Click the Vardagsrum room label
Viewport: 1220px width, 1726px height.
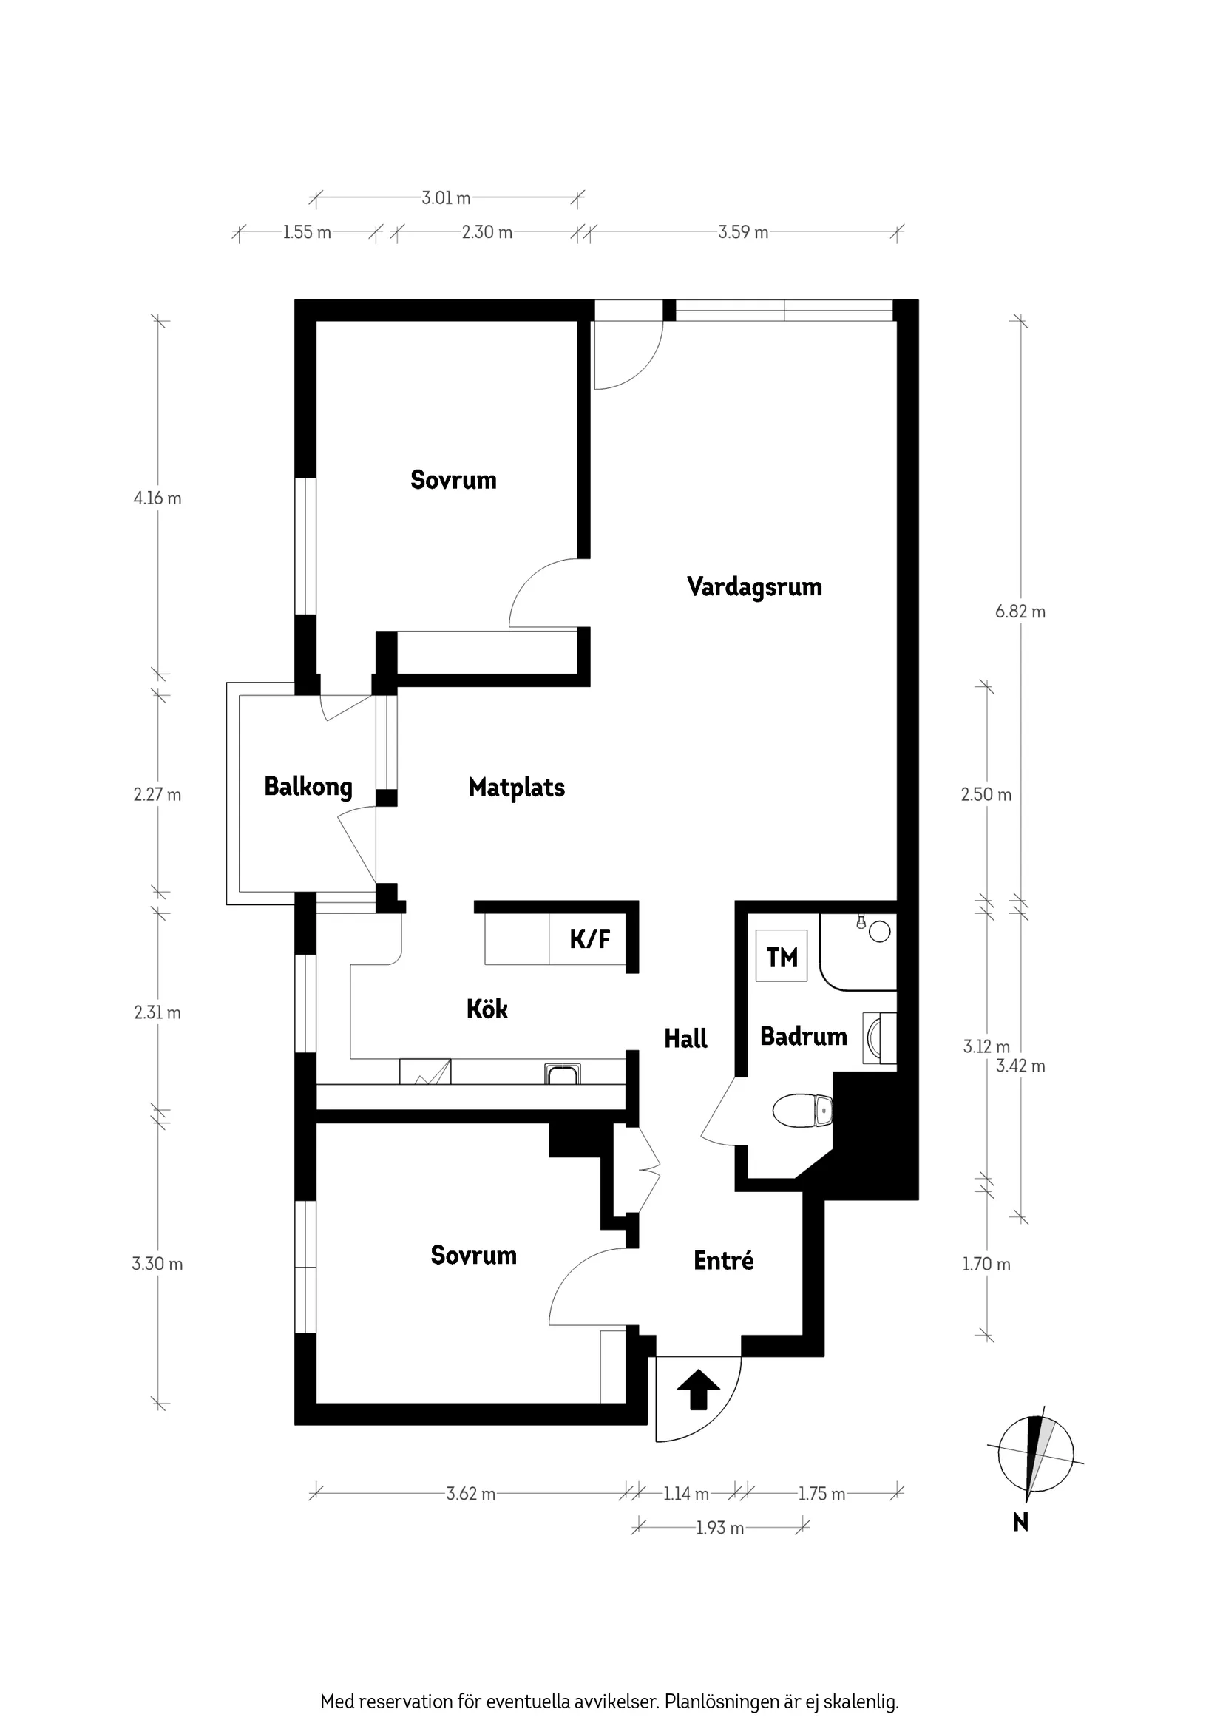point(754,586)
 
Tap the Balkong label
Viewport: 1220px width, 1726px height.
point(308,786)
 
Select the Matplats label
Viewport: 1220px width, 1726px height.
point(516,787)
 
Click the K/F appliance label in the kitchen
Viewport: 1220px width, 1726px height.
point(589,938)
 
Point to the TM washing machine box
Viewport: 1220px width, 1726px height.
point(782,956)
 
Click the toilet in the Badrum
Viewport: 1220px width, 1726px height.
point(802,1110)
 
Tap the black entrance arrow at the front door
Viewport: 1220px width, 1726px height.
point(698,1390)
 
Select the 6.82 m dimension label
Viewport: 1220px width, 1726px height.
point(1020,611)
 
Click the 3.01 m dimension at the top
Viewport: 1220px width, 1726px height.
point(446,197)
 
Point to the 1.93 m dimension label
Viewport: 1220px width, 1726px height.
point(719,1528)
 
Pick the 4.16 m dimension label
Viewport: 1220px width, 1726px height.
point(157,498)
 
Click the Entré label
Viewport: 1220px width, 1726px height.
point(723,1260)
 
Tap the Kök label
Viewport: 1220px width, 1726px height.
point(487,1009)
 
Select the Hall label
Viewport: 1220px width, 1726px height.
point(685,1039)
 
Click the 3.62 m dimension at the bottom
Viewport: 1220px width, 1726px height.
point(470,1494)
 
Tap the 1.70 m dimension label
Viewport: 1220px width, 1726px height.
point(986,1264)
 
